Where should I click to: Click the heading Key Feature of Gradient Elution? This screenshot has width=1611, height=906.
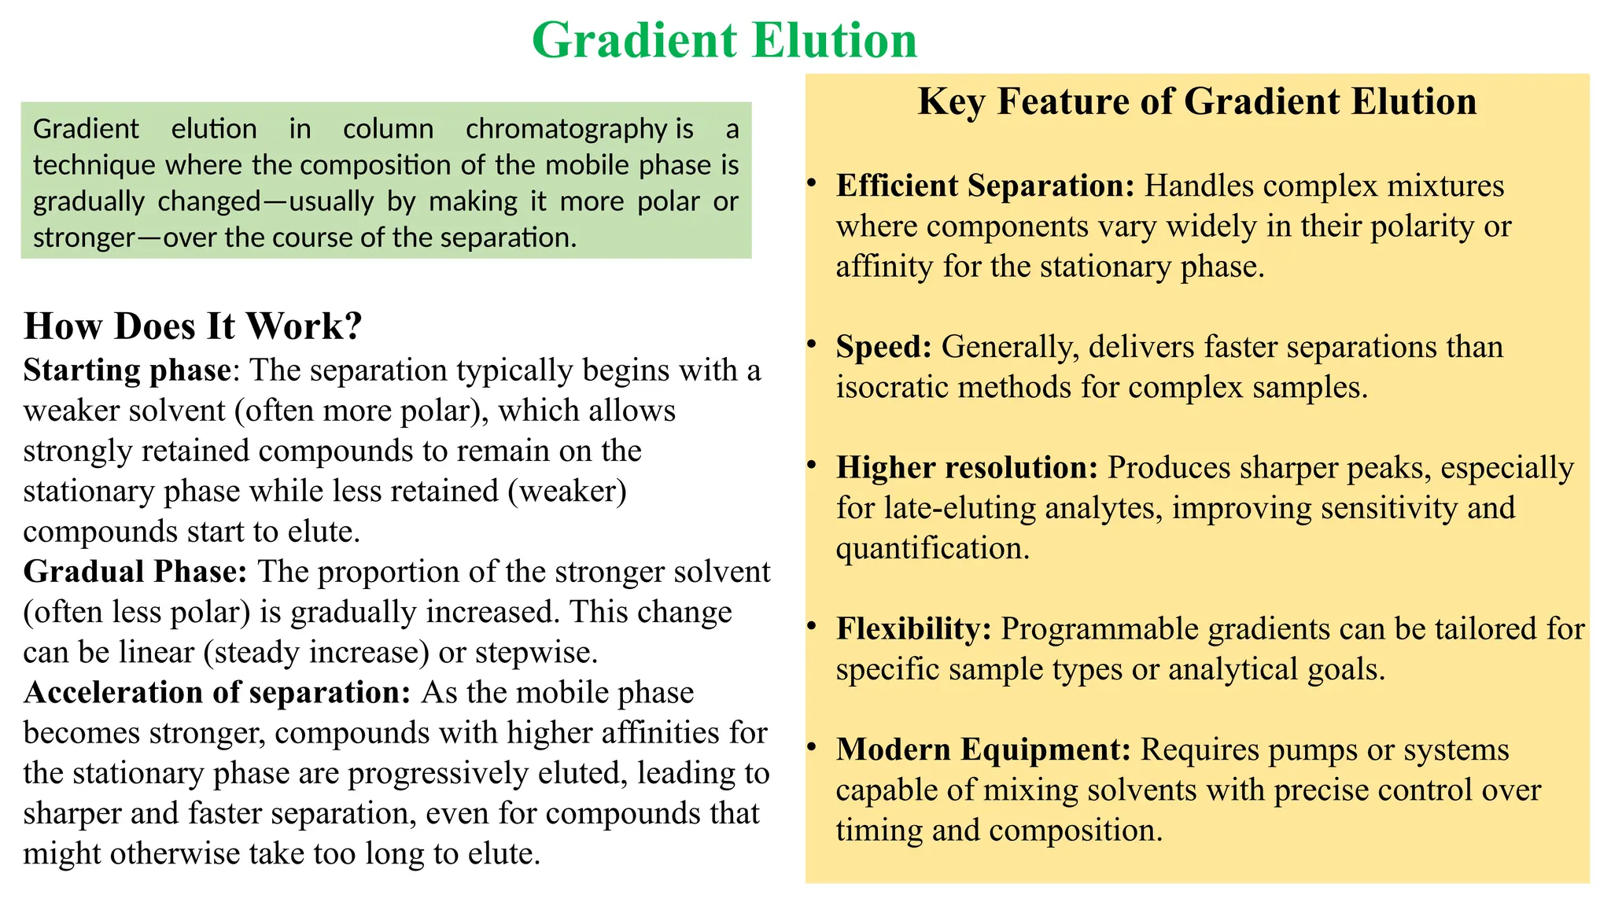[x=1196, y=102]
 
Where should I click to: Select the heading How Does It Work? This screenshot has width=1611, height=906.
[x=193, y=326]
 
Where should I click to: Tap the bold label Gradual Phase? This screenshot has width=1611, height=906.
[x=135, y=572]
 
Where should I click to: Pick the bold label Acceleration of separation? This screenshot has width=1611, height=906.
[x=217, y=693]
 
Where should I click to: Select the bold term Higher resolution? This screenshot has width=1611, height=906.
[x=967, y=468]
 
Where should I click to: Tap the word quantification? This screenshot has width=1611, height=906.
[x=931, y=548]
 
